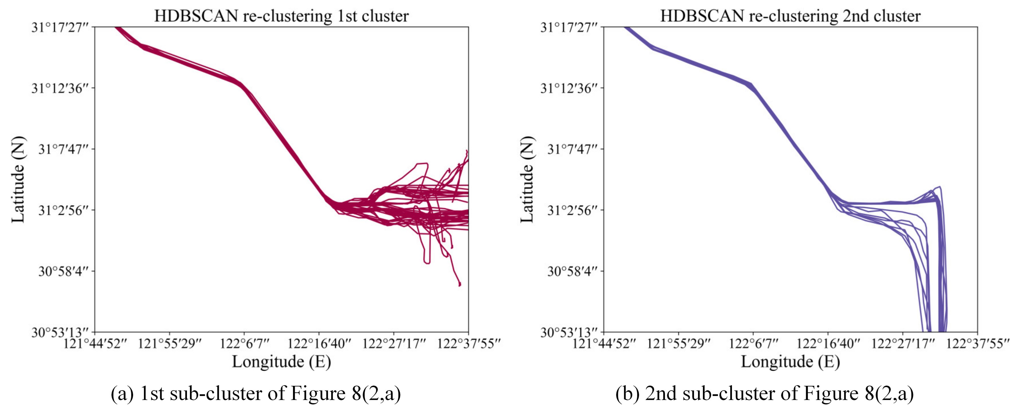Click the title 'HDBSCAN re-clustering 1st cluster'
pyautogui.click(x=281, y=16)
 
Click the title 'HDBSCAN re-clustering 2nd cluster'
pyautogui.click(x=790, y=16)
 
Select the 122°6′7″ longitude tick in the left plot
pyautogui.click(x=244, y=343)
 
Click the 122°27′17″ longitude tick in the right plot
pyautogui.click(x=902, y=343)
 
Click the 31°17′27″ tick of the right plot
pyautogui.click(x=569, y=27)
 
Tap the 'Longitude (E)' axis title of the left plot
pyautogui.click(x=281, y=362)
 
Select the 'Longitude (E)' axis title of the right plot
pyautogui.click(x=790, y=362)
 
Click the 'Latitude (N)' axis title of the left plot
pyautogui.click(x=18, y=179)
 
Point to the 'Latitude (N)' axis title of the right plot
pyautogui.click(x=527, y=179)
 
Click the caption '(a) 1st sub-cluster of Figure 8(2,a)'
pyautogui.click(x=256, y=394)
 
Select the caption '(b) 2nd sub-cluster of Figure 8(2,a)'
pyautogui.click(x=765, y=394)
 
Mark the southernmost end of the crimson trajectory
pyautogui.click(x=459, y=285)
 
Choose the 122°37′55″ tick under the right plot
pyautogui.click(x=977, y=343)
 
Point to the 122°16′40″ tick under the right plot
pyautogui.click(x=828, y=343)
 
